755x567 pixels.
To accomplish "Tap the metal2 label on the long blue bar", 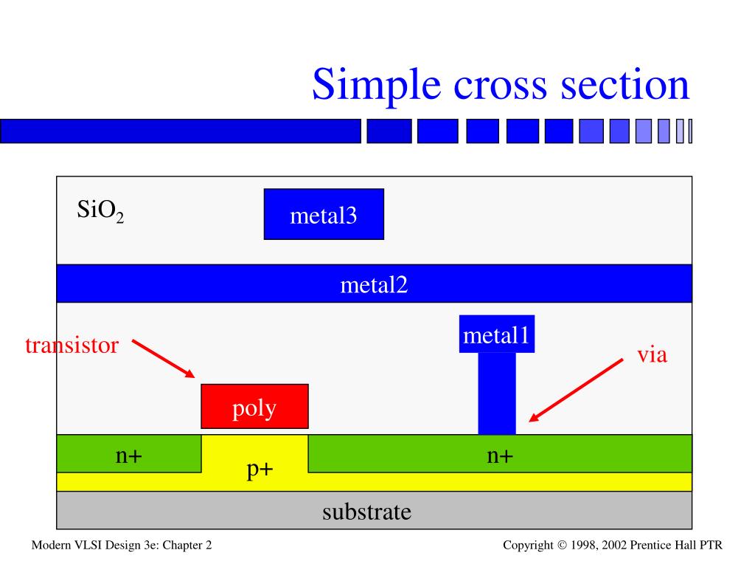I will point(374,284).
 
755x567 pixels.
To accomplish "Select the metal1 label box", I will point(496,335).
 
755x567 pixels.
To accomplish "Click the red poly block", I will point(254,407).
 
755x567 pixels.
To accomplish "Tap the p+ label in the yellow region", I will point(260,470).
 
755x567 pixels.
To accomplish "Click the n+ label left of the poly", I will point(128,456).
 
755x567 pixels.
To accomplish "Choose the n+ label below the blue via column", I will point(499,456).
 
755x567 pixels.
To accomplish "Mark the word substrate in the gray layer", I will point(366,511).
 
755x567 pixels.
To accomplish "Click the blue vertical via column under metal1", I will point(496,393).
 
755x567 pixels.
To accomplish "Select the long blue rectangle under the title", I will point(181,131).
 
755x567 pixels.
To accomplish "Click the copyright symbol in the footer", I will point(562,546).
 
